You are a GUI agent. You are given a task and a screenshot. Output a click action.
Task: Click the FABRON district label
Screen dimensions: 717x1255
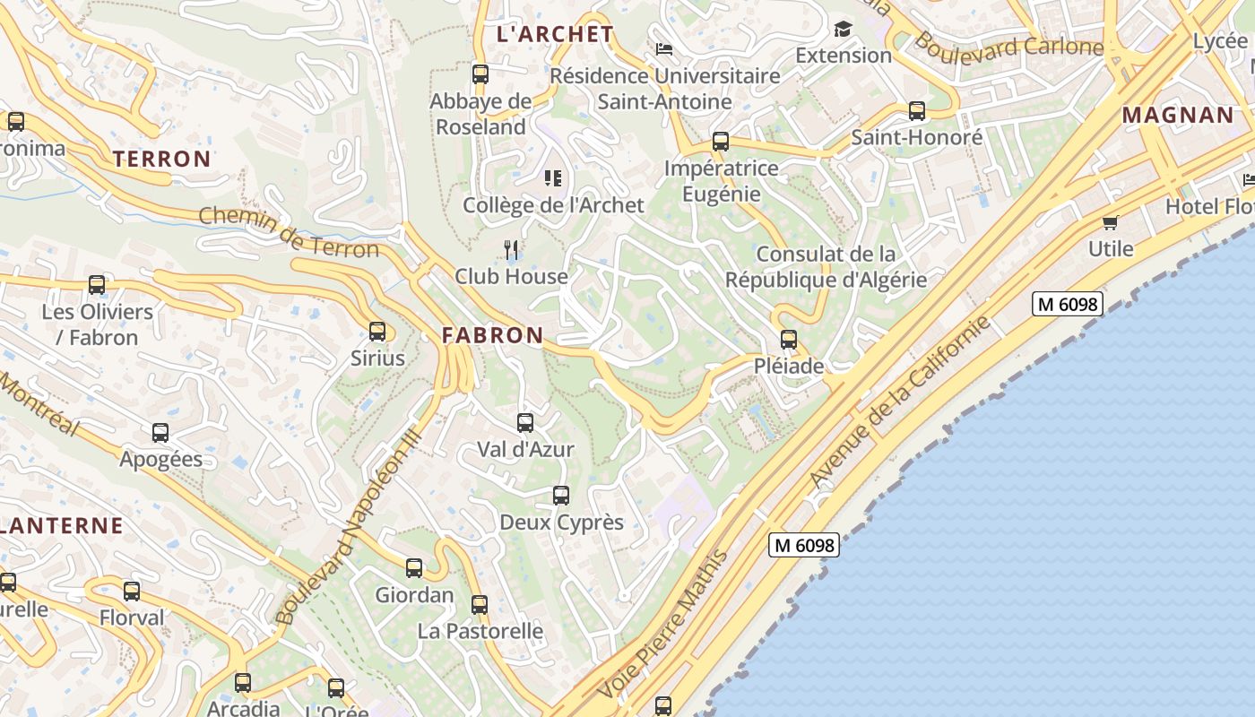point(492,336)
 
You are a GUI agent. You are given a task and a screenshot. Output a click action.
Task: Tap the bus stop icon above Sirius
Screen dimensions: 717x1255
point(377,332)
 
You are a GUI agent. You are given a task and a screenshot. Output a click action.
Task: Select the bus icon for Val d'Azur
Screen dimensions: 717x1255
point(525,422)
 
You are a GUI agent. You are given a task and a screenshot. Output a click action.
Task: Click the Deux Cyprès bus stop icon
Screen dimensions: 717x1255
point(561,495)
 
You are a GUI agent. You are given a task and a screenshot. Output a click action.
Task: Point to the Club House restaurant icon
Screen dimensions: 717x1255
point(511,248)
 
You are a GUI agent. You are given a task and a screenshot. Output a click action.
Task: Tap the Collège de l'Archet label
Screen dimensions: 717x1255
point(553,205)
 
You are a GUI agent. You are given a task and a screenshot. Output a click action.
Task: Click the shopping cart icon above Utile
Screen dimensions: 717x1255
point(1111,222)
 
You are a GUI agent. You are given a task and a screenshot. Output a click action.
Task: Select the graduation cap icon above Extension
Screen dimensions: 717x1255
point(843,29)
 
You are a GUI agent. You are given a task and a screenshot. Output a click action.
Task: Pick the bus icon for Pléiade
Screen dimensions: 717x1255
point(789,340)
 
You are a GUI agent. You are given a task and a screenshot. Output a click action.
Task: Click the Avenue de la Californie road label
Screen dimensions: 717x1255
point(900,402)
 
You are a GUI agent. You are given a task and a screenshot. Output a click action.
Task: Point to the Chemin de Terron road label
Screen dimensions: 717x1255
point(289,232)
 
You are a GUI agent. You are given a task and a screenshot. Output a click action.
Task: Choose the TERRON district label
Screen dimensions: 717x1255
point(161,160)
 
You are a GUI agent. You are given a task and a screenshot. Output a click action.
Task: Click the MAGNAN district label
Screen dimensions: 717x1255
point(1178,116)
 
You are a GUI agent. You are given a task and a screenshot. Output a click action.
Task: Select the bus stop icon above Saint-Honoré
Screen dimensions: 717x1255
point(917,111)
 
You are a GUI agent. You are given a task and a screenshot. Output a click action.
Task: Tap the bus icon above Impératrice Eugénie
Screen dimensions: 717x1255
point(721,142)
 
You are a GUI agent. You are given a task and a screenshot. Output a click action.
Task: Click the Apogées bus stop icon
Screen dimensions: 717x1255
point(160,433)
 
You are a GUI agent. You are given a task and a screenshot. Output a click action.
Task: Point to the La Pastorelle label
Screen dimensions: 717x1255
point(480,631)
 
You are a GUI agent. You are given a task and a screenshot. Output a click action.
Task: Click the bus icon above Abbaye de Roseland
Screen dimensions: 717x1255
point(480,74)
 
